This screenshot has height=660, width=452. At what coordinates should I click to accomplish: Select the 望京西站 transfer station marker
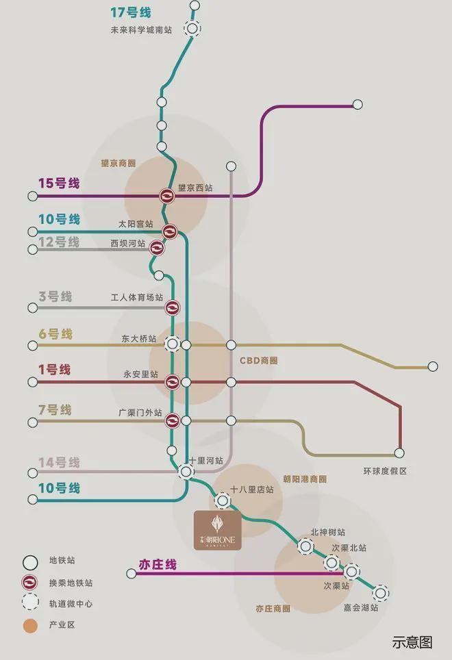[167, 196]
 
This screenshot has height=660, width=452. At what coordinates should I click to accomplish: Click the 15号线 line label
[59, 183]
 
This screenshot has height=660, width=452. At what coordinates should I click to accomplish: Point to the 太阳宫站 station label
[136, 224]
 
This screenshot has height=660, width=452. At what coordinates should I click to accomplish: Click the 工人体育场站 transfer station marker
[173, 308]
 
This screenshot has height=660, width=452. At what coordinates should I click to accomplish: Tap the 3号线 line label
[55, 297]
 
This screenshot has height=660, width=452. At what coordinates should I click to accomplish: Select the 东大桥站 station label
[140, 339]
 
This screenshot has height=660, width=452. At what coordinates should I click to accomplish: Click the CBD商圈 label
[258, 360]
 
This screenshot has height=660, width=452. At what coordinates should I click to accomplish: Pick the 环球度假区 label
[385, 471]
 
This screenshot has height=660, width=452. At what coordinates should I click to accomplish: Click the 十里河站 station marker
[186, 471]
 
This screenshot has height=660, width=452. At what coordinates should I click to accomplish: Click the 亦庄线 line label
[158, 565]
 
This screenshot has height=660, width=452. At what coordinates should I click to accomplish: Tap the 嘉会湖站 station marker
[380, 593]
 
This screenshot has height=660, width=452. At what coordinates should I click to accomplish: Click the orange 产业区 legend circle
[29, 626]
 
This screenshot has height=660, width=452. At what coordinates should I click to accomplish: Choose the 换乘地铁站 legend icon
[29, 583]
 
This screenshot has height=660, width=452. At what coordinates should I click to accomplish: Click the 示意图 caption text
[412, 642]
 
